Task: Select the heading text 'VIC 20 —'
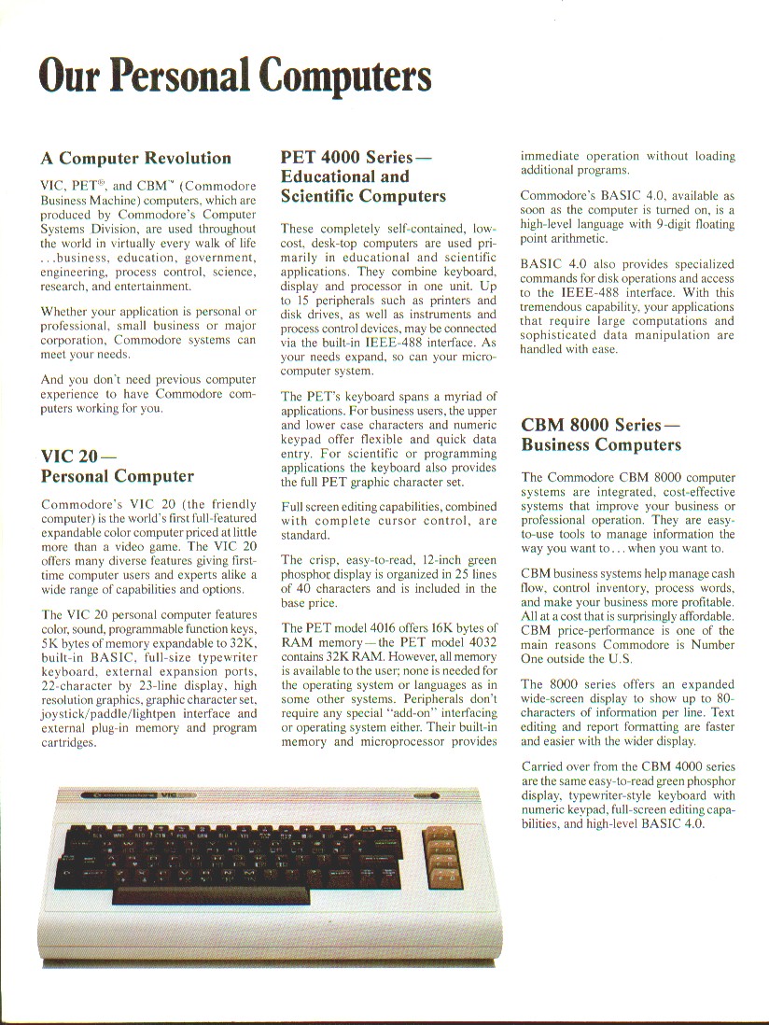coord(78,456)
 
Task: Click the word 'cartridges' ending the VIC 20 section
coord(70,744)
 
